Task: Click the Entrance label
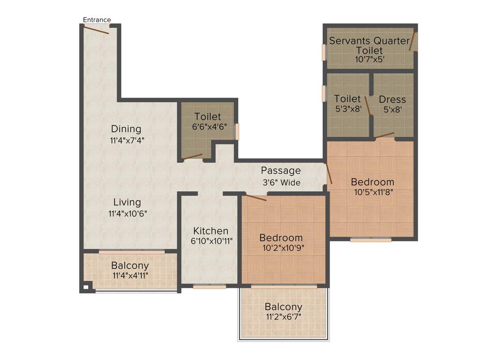click(97, 20)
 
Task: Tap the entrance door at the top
click(96, 30)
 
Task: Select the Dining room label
click(126, 129)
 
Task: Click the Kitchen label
click(211, 231)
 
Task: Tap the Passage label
click(281, 171)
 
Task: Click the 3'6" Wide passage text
click(281, 182)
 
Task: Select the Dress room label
click(392, 99)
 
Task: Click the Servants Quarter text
click(369, 41)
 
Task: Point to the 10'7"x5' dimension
click(369, 60)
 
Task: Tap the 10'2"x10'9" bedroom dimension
click(281, 248)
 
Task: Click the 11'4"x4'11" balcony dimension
click(130, 276)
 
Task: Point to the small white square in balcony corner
click(86, 287)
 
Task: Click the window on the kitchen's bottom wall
click(210, 286)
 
